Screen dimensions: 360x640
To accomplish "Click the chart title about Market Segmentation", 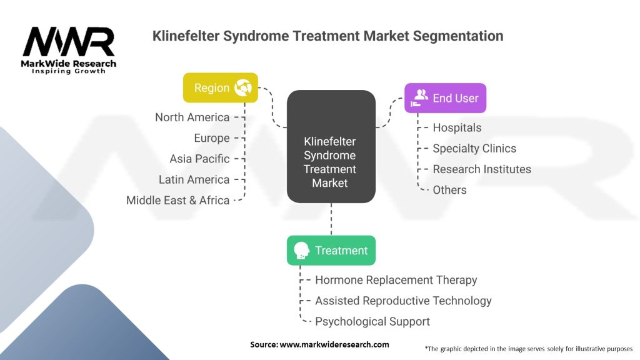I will pyautogui.click(x=327, y=36).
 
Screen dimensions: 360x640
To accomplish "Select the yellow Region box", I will pyautogui.click(x=220, y=88).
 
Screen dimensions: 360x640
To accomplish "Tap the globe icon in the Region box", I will pyautogui.click(x=243, y=88).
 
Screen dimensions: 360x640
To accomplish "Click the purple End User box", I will pyautogui.click(x=445, y=98).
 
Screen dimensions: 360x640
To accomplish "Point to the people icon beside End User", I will pyautogui.click(x=421, y=97).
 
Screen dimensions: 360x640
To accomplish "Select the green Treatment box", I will pyautogui.click(x=331, y=251).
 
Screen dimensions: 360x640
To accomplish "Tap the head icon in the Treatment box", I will pyautogui.click(x=301, y=251).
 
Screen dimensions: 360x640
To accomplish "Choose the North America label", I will pyautogui.click(x=192, y=117).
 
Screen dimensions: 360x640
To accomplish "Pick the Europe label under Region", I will pyautogui.click(x=212, y=138).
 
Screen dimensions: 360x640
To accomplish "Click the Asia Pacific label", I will pyautogui.click(x=199, y=159).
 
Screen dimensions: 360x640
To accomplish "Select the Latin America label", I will pyautogui.click(x=194, y=179).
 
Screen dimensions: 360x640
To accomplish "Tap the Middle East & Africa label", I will pyautogui.click(x=178, y=200).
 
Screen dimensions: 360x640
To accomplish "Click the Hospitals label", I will pyautogui.click(x=457, y=127).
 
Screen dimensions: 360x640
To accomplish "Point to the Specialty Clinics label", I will pyautogui.click(x=474, y=148).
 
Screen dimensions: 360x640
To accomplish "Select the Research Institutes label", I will pyautogui.click(x=482, y=169).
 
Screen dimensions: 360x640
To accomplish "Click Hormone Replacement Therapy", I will pyautogui.click(x=396, y=280).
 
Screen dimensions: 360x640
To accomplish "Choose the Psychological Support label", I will pyautogui.click(x=372, y=321).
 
